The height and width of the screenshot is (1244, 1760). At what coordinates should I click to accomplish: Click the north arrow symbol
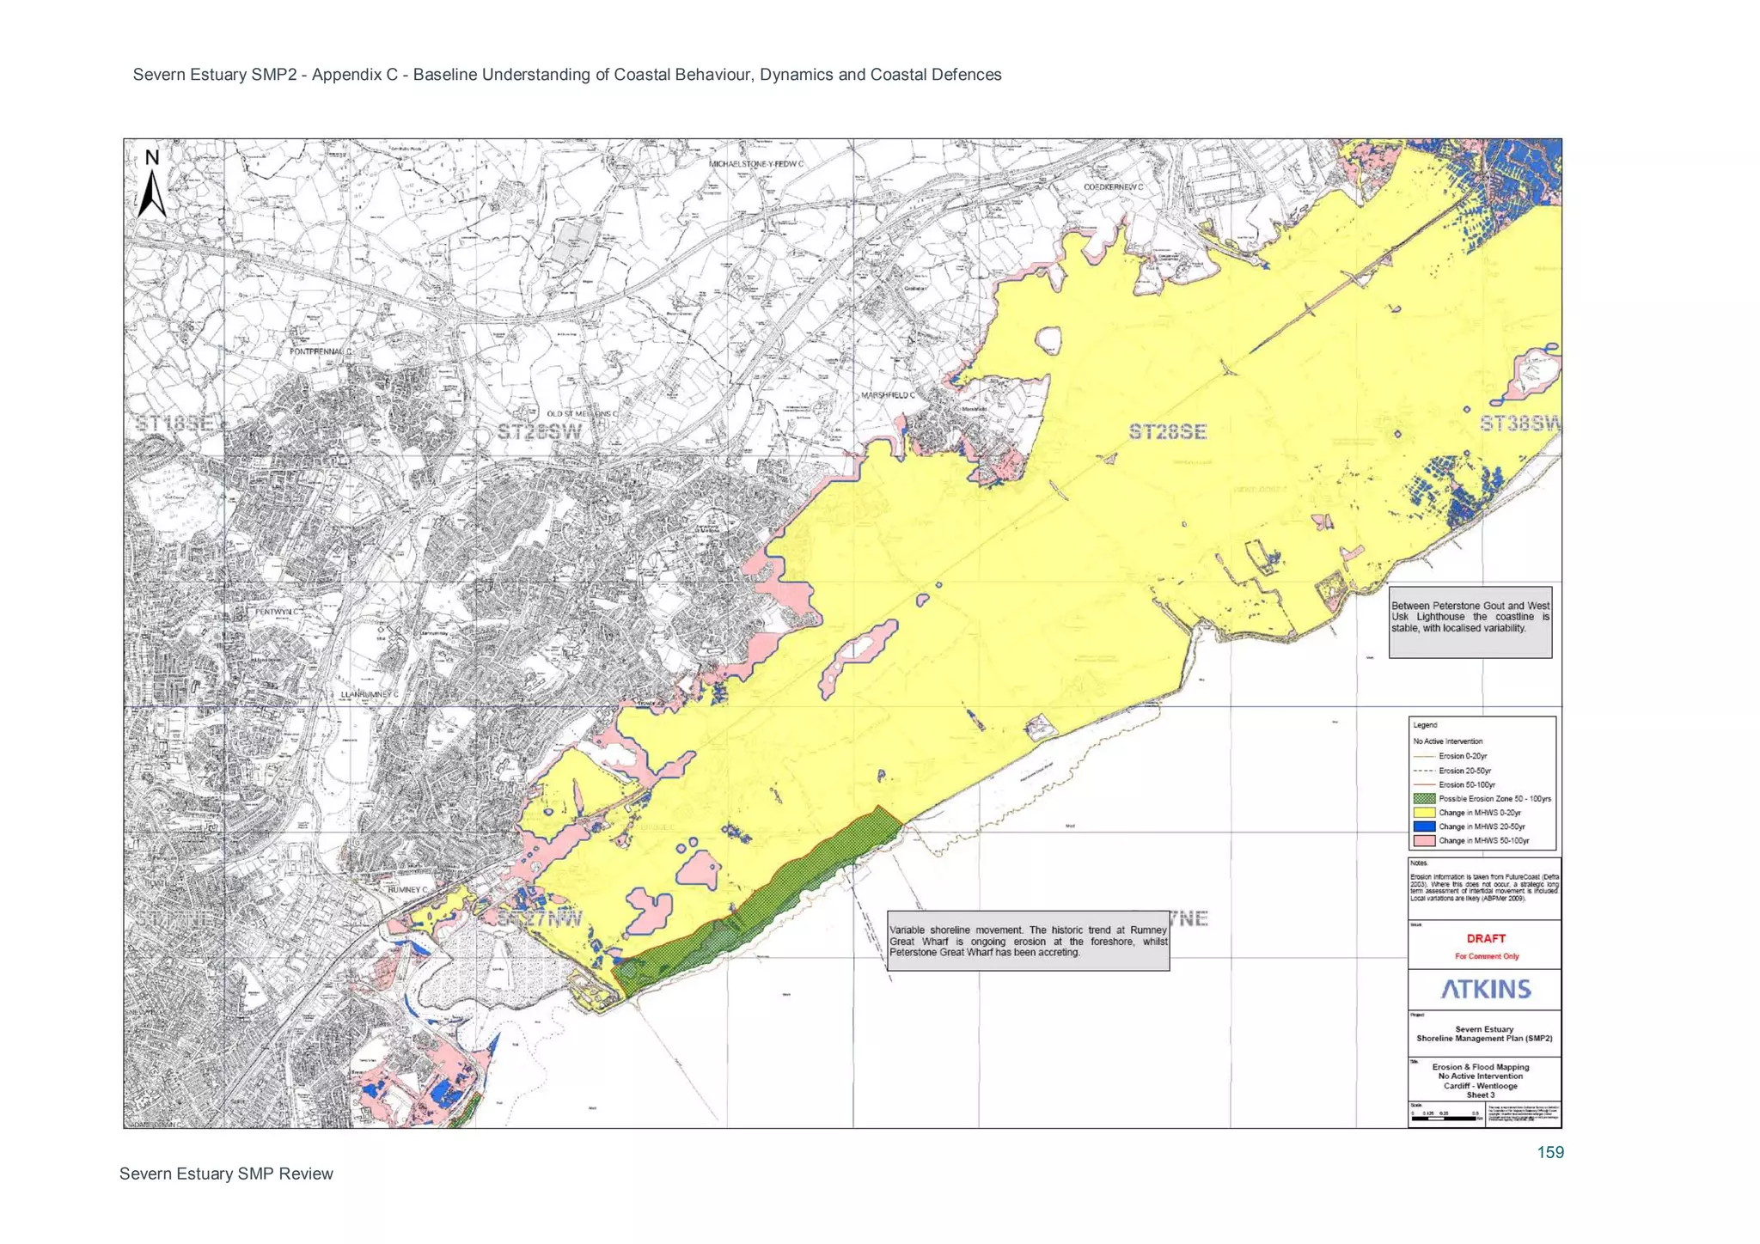pyautogui.click(x=152, y=185)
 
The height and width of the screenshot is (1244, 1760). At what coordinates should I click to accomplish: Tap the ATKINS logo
pyautogui.click(x=1486, y=989)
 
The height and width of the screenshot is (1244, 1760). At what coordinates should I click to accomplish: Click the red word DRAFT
pyautogui.click(x=1486, y=938)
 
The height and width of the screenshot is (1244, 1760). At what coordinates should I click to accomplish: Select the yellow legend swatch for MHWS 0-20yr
pyautogui.click(x=1424, y=813)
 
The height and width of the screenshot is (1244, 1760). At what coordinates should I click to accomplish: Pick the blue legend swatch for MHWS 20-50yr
pyautogui.click(x=1424, y=826)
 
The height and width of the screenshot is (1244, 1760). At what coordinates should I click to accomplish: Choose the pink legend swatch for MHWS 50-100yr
pyautogui.click(x=1424, y=840)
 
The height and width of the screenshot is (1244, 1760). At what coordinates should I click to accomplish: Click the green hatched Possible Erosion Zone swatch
pyautogui.click(x=1424, y=799)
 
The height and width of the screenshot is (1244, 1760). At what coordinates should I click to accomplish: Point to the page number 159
pyautogui.click(x=1550, y=1152)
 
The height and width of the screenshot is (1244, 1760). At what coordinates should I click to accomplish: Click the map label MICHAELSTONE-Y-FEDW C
pyautogui.click(x=755, y=163)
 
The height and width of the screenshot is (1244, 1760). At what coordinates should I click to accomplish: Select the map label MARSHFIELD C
pyautogui.click(x=888, y=395)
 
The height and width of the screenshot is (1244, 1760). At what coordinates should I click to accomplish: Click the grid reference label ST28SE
pyautogui.click(x=1167, y=431)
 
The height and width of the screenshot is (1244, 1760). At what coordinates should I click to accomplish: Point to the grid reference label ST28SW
pyautogui.click(x=540, y=431)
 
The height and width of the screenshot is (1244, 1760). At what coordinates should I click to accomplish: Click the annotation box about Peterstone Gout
pyautogui.click(x=1470, y=622)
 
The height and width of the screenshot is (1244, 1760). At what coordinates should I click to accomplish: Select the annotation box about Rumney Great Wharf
pyautogui.click(x=1028, y=941)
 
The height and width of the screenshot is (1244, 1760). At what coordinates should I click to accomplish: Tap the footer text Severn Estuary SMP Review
pyautogui.click(x=226, y=1174)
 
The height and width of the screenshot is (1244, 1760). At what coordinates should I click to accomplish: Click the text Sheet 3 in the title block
pyautogui.click(x=1480, y=1095)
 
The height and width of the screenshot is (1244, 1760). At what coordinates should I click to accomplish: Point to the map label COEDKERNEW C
pyautogui.click(x=1113, y=186)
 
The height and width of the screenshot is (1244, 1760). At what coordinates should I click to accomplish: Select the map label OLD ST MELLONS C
pyautogui.click(x=582, y=414)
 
